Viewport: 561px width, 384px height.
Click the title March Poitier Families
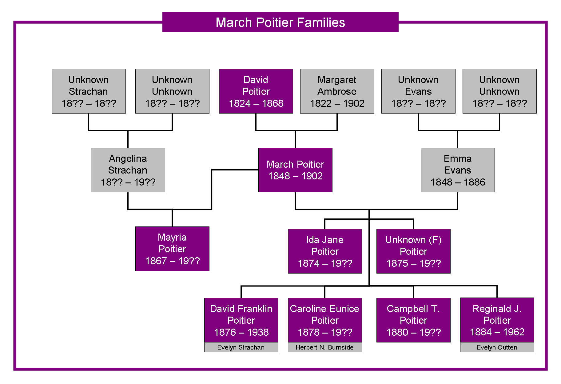(x=280, y=22)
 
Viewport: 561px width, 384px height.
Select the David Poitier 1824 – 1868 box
(x=256, y=91)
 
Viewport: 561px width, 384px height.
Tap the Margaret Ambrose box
(x=337, y=91)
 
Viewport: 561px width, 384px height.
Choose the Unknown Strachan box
(x=89, y=91)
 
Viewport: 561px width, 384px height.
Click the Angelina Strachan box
(x=128, y=170)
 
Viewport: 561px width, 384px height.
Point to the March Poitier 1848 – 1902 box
(x=295, y=170)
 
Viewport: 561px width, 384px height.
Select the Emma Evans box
(x=458, y=170)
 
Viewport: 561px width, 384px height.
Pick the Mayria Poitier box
(x=172, y=249)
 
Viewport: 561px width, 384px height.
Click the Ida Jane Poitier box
(x=325, y=251)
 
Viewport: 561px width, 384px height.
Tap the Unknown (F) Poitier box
(x=413, y=251)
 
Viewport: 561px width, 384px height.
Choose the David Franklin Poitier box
(x=241, y=320)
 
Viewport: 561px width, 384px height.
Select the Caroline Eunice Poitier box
(x=325, y=320)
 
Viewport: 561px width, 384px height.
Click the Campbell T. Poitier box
(x=413, y=320)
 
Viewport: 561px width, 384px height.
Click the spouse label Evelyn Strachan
(x=241, y=347)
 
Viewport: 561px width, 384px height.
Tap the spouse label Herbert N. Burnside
(x=324, y=347)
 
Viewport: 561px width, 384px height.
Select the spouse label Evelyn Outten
(x=497, y=347)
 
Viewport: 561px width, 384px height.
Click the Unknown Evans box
(x=418, y=91)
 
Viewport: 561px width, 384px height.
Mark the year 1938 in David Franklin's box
(x=258, y=332)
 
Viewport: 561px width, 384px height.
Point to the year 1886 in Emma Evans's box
(x=475, y=182)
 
